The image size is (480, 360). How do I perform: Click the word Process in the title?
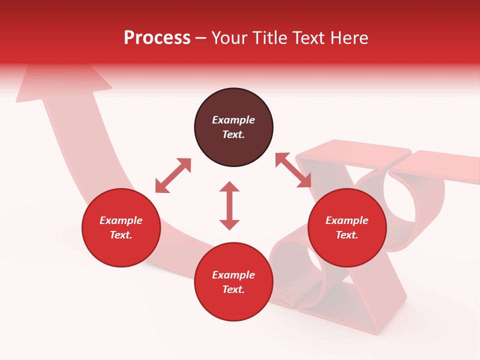tap(157, 38)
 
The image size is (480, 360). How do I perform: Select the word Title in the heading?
tap(270, 38)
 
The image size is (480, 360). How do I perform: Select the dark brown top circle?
tap(233, 127)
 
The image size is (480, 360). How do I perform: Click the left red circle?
tap(121, 228)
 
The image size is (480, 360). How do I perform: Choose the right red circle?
tap(347, 228)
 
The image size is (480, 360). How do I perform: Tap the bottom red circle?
tap(233, 282)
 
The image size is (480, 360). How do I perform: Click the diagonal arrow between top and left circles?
tap(173, 175)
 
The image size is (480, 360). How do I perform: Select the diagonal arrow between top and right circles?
tap(293, 170)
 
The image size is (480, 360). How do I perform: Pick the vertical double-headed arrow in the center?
tap(229, 205)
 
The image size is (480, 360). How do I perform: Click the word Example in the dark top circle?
tap(233, 120)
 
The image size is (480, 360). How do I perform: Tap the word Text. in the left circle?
tap(121, 235)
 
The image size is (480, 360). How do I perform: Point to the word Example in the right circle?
tap(347, 220)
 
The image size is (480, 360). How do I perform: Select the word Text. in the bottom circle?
tap(233, 289)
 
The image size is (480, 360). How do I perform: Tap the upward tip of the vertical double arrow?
tap(229, 185)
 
